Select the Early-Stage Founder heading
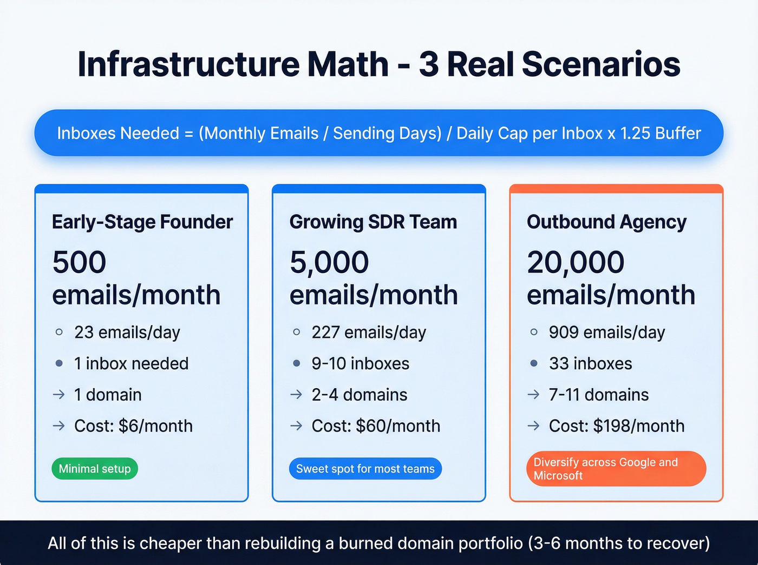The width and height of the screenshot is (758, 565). click(142, 222)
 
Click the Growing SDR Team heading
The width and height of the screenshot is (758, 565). click(373, 222)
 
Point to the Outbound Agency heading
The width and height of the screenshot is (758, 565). click(606, 222)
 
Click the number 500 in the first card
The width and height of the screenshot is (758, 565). click(79, 262)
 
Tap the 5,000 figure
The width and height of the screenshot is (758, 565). click(329, 262)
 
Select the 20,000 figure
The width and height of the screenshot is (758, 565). click(576, 262)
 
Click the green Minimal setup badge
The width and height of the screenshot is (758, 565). click(95, 469)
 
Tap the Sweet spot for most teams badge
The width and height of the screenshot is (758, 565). click(365, 469)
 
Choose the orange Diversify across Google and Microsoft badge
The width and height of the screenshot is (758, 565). click(616, 469)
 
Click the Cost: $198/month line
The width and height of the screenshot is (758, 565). click(616, 426)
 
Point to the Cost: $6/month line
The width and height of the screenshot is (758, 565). click(133, 426)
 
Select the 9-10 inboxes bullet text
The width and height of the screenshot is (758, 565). click(360, 363)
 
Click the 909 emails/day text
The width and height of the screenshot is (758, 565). click(606, 332)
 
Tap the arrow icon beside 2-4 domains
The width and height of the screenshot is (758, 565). click(296, 395)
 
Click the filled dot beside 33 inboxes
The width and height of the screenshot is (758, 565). click(534, 363)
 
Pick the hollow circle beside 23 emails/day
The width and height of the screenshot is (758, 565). click(59, 332)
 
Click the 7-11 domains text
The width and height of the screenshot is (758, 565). click(598, 395)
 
